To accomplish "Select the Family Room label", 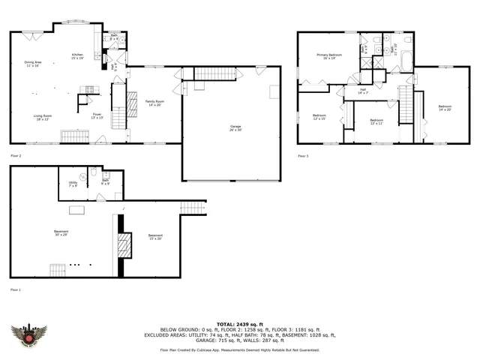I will point(155,102).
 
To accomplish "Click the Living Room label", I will point(42,116).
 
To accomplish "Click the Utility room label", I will point(73,183).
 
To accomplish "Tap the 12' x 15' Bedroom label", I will point(319,117).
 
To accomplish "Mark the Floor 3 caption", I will point(303,155).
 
